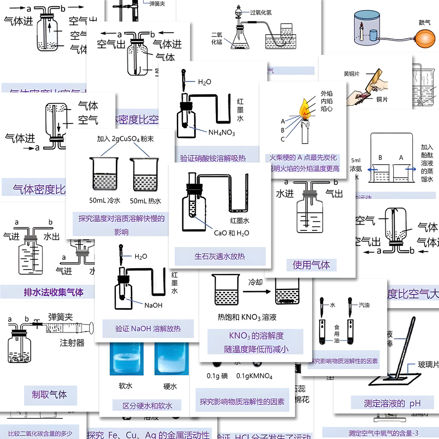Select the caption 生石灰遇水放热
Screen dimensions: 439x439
tap(219, 256)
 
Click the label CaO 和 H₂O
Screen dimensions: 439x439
tap(231, 233)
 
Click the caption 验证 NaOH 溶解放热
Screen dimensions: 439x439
tap(148, 328)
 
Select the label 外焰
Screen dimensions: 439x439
tap(326, 94)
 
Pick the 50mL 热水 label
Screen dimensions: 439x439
tap(146, 201)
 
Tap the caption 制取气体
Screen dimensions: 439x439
tap(50, 394)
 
